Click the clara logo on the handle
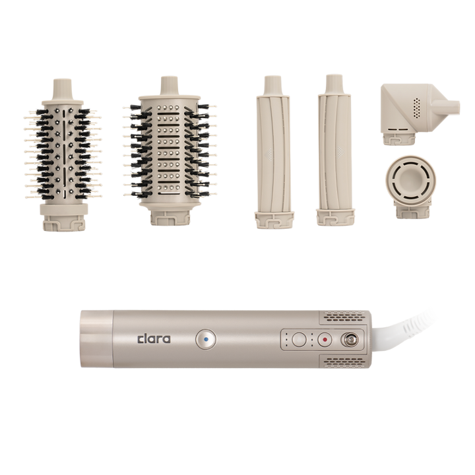pos(154,339)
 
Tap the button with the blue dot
pos(206,340)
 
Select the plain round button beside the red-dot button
pos(300,340)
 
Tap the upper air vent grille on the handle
pos(344,317)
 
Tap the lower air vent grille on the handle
pos(344,362)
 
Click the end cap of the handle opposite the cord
pos(96,339)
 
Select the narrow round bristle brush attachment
pos(63,154)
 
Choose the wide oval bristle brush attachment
pos(170,151)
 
